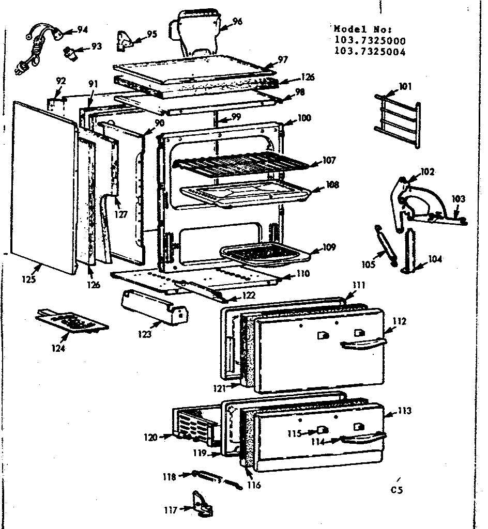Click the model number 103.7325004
coord(370,51)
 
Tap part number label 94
coord(82,29)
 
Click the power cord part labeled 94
coord(41,39)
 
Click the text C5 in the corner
coord(397,490)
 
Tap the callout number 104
coord(435,259)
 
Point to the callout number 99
coord(236,117)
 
